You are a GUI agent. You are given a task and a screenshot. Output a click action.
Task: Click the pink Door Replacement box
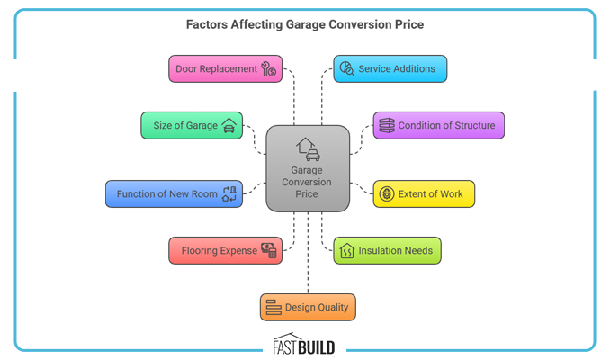pos(225,69)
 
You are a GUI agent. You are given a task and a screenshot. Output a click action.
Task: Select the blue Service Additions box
pos(390,69)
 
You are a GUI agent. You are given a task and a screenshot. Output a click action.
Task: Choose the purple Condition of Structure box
pos(438,125)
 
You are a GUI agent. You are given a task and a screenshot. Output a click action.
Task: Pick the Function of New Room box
pos(174,194)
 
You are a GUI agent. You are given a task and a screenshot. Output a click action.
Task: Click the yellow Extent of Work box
pos(424,194)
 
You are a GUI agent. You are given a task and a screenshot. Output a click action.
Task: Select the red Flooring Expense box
pos(225,250)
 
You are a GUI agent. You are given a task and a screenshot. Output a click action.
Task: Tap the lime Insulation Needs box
pos(387,250)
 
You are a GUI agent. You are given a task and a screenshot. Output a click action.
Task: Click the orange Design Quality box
pos(308,307)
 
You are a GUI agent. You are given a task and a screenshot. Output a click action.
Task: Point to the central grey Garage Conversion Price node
pos(308,169)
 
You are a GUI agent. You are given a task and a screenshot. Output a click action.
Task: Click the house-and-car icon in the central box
pos(307,148)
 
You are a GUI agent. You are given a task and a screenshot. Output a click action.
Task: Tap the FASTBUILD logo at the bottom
pos(304,346)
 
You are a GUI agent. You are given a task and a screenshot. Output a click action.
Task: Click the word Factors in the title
pos(207,25)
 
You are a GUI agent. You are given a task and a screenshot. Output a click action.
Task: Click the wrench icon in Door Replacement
pos(268,69)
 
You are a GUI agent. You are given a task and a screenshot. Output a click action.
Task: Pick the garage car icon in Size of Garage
pos(229,125)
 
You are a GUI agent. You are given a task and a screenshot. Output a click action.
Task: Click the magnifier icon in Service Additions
pos(346,69)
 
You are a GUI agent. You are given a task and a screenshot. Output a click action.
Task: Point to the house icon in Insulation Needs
pos(346,250)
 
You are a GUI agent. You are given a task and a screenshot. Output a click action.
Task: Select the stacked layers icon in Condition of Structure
pos(386,125)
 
